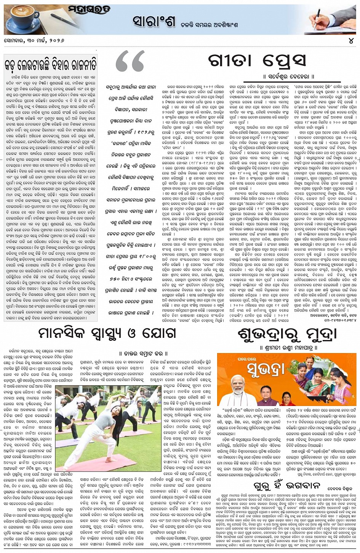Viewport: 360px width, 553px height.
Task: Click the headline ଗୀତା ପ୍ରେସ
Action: [257, 61]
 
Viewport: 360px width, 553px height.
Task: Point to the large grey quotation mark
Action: [130, 63]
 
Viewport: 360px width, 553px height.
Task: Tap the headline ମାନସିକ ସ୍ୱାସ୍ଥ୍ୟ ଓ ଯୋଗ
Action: [108, 333]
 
